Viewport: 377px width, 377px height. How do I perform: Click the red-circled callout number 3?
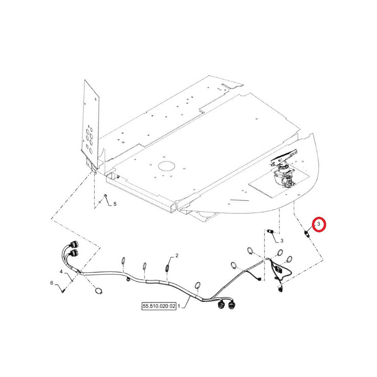point(319,224)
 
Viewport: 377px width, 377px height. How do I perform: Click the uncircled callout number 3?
point(282,240)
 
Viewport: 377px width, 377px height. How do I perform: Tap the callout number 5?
point(115,204)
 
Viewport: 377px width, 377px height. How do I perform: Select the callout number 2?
point(177,255)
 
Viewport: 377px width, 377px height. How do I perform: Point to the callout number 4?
point(61,271)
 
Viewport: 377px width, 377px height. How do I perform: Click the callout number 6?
point(52,283)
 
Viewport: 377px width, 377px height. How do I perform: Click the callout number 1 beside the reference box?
point(179,306)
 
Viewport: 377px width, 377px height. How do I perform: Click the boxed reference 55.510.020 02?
point(159,306)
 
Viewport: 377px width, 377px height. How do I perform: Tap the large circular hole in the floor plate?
point(166,166)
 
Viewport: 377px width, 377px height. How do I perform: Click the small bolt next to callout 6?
point(63,291)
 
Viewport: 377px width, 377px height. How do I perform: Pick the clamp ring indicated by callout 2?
point(167,268)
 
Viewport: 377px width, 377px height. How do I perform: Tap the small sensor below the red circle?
point(307,233)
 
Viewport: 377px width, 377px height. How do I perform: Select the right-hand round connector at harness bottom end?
point(231,305)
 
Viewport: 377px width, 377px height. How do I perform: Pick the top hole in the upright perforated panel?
point(89,126)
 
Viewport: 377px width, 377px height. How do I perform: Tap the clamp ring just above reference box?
point(197,285)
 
